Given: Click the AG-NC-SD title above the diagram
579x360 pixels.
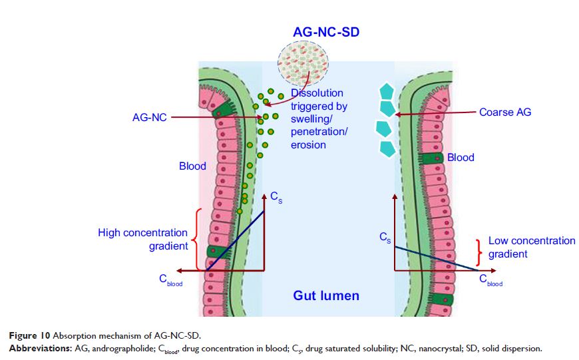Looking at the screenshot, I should [326, 31].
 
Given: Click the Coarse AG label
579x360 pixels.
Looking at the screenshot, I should [505, 112].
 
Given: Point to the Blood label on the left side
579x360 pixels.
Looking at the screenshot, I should [192, 166].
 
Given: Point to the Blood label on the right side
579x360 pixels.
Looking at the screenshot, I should [461, 158].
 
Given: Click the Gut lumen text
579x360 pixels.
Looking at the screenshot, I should [326, 295].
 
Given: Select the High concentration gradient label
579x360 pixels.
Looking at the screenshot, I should [142, 240].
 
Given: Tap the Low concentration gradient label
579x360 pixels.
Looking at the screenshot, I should [531, 247].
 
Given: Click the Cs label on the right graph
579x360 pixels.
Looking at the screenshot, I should [385, 238].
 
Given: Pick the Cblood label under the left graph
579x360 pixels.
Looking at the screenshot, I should [170, 281].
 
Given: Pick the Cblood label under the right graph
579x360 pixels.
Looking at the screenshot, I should [491, 281].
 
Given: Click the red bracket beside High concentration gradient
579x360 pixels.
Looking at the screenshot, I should [195, 240].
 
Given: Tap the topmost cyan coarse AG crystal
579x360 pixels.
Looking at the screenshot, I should [386, 90].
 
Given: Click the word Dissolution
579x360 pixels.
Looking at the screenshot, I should [317, 94].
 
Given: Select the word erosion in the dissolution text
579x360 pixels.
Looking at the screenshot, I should [308, 144].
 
